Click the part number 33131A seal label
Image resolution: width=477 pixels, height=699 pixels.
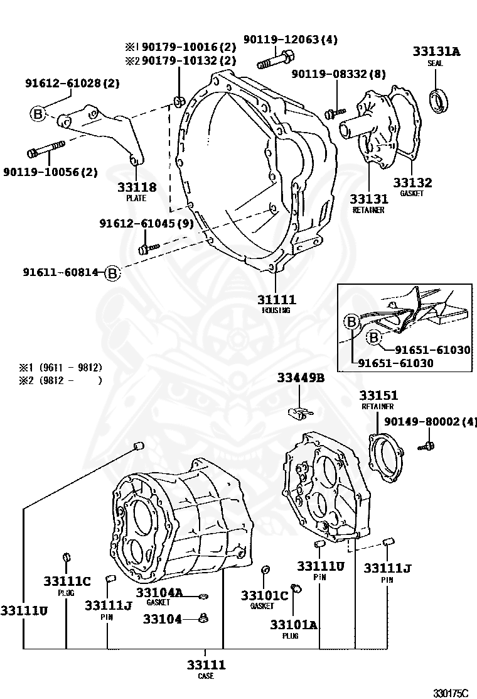tap(436, 52)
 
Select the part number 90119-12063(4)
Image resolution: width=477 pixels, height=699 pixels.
tap(297, 40)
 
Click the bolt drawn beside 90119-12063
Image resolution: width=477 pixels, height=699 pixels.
tap(272, 62)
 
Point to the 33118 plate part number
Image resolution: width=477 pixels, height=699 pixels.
tap(136, 187)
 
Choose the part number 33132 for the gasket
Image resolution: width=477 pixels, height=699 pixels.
tap(412, 183)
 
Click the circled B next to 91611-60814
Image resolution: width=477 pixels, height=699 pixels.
tap(111, 273)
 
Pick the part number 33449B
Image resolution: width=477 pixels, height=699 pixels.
tap(301, 378)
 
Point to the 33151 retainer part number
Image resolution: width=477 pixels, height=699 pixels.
tap(378, 395)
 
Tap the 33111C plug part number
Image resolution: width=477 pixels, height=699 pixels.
tap(67, 581)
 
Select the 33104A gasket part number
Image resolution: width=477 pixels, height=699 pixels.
tap(159, 592)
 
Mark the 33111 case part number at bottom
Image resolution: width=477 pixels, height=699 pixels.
tap(206, 665)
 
